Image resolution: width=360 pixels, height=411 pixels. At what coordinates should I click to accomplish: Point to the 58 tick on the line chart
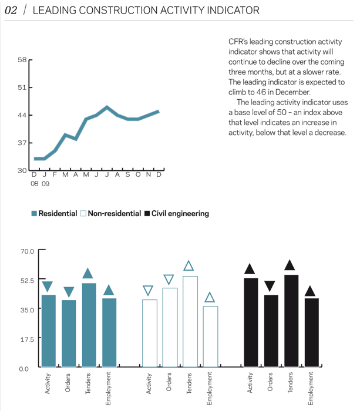[22, 59]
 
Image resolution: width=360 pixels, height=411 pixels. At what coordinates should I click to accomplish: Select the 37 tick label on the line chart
[22, 143]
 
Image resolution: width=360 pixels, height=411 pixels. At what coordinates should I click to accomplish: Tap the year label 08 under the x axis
[35, 184]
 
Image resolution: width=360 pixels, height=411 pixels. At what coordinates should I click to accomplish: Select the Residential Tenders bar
[89, 325]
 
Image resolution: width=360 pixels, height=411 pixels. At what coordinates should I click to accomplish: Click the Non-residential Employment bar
[210, 337]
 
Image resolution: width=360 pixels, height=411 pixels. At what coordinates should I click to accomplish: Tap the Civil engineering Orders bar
[270, 331]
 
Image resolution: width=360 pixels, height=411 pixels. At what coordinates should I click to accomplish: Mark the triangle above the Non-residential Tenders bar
[189, 266]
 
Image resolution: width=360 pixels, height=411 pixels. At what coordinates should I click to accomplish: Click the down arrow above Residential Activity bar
[48, 287]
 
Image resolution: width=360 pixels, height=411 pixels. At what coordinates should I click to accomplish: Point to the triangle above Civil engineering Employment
[310, 291]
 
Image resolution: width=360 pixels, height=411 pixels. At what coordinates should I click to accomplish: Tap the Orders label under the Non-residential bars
[169, 383]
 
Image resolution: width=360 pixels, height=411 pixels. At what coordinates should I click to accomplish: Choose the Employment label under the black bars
[311, 389]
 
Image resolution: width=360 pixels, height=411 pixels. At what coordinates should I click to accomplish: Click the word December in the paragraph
[291, 92]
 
